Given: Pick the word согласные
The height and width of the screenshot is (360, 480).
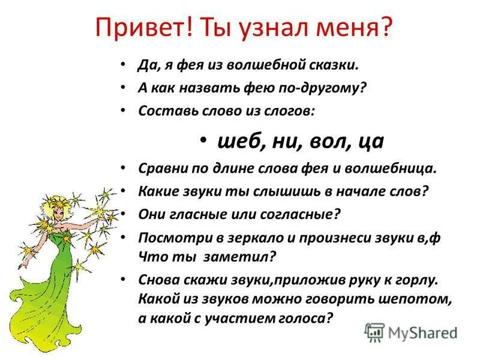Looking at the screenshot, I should [307, 213].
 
